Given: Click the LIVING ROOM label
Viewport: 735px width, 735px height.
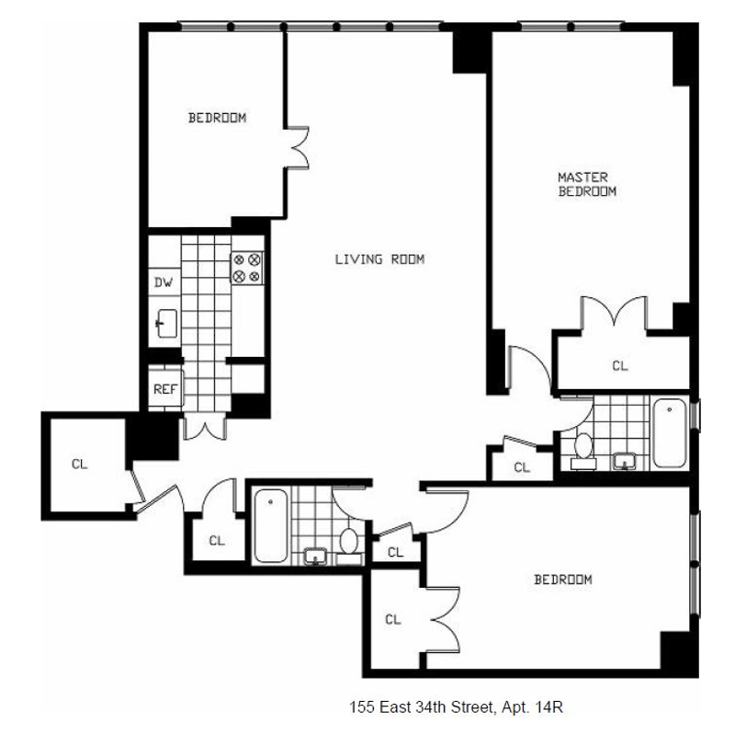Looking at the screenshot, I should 379,259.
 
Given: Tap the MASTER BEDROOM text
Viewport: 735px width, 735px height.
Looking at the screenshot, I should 587,183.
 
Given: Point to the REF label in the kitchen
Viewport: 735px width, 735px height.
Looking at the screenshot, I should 165,388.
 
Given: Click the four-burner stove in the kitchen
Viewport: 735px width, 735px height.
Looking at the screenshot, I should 246,268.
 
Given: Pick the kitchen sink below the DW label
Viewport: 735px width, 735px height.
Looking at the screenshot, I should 166,322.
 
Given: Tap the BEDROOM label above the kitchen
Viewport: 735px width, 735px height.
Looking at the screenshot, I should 217,118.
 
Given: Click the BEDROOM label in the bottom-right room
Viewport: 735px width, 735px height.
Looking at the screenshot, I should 563,580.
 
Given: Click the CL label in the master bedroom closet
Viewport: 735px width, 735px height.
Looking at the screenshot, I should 619,365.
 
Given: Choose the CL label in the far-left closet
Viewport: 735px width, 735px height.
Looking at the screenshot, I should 79,464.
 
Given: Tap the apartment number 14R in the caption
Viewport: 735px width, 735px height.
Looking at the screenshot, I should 546,707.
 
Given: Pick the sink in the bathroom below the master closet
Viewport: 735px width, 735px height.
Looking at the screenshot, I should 628,460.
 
